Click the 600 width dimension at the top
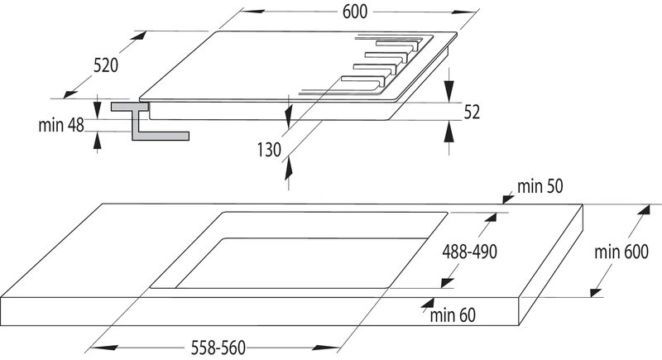point(353,12)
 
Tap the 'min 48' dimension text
point(60,126)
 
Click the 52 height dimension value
point(473,113)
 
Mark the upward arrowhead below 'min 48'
point(98,140)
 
